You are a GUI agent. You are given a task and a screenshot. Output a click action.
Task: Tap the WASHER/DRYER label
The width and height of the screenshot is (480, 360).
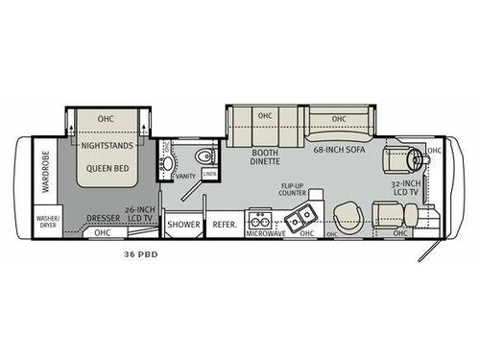click(x=47, y=222)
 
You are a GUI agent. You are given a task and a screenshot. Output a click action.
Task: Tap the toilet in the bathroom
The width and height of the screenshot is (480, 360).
click(x=201, y=158)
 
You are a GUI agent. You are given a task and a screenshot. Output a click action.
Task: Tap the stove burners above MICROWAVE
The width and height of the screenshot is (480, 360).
click(x=257, y=219)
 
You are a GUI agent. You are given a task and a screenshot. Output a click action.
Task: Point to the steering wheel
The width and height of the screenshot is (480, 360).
click(x=415, y=157)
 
